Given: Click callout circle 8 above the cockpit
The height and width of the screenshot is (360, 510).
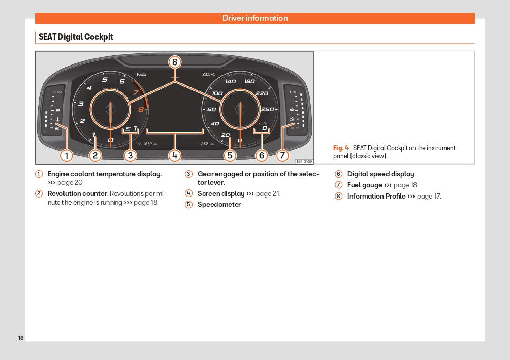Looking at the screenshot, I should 175,62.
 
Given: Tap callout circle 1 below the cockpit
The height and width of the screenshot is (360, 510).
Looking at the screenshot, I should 66,156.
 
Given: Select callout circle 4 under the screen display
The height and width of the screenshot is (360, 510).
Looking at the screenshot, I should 175,156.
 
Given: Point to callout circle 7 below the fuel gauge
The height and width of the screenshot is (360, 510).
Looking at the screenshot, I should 283,156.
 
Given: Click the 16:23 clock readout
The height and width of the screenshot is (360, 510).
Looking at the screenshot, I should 141,74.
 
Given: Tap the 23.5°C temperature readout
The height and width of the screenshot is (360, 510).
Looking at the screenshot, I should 208,74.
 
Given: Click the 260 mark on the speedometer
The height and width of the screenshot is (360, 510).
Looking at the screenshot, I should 267,109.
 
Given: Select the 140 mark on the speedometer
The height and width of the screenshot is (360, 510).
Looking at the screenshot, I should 230,81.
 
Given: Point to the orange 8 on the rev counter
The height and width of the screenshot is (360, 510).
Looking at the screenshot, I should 141,109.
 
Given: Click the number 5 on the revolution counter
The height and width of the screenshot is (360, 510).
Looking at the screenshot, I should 105,79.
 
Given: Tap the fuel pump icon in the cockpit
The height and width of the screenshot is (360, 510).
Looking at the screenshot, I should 292,119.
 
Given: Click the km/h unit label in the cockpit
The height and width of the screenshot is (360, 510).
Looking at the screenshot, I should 262,123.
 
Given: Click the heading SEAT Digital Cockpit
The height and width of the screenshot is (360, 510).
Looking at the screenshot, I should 76,37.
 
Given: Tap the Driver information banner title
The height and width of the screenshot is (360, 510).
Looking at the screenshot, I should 255,18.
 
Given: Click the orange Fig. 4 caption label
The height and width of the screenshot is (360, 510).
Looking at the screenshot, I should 341,148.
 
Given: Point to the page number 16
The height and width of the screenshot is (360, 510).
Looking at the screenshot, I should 21,338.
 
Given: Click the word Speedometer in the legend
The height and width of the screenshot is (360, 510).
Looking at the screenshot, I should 219,205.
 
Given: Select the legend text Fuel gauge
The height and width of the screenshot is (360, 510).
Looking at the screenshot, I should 365,185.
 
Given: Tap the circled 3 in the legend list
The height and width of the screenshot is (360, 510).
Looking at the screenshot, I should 188,174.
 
